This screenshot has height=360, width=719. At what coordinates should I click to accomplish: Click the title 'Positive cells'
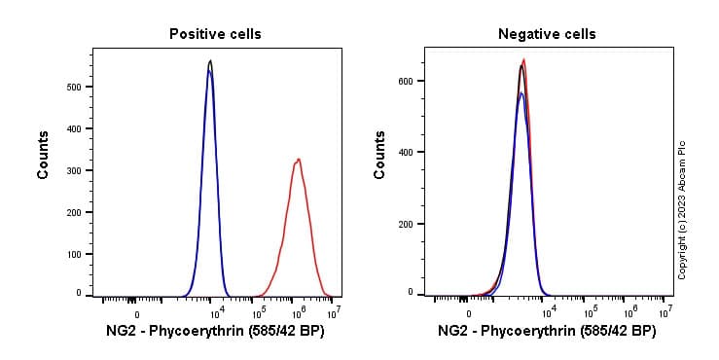(x=215, y=34)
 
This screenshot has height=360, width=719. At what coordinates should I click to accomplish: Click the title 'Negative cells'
(x=547, y=34)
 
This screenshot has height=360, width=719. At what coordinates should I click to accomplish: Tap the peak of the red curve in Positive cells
(x=299, y=159)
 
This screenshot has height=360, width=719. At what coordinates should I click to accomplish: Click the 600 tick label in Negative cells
(x=413, y=81)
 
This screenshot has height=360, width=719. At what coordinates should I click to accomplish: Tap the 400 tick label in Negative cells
(x=413, y=152)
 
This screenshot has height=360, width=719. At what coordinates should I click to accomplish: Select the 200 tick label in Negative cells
(x=413, y=223)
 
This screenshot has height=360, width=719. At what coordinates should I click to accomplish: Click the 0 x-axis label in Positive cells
(x=136, y=314)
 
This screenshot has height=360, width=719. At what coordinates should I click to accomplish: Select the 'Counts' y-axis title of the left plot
(x=44, y=156)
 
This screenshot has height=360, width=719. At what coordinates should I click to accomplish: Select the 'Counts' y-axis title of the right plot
(x=380, y=156)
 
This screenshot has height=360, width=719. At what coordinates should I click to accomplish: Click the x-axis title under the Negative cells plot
(x=547, y=332)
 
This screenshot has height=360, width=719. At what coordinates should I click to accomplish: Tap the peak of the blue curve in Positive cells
(x=209, y=71)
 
